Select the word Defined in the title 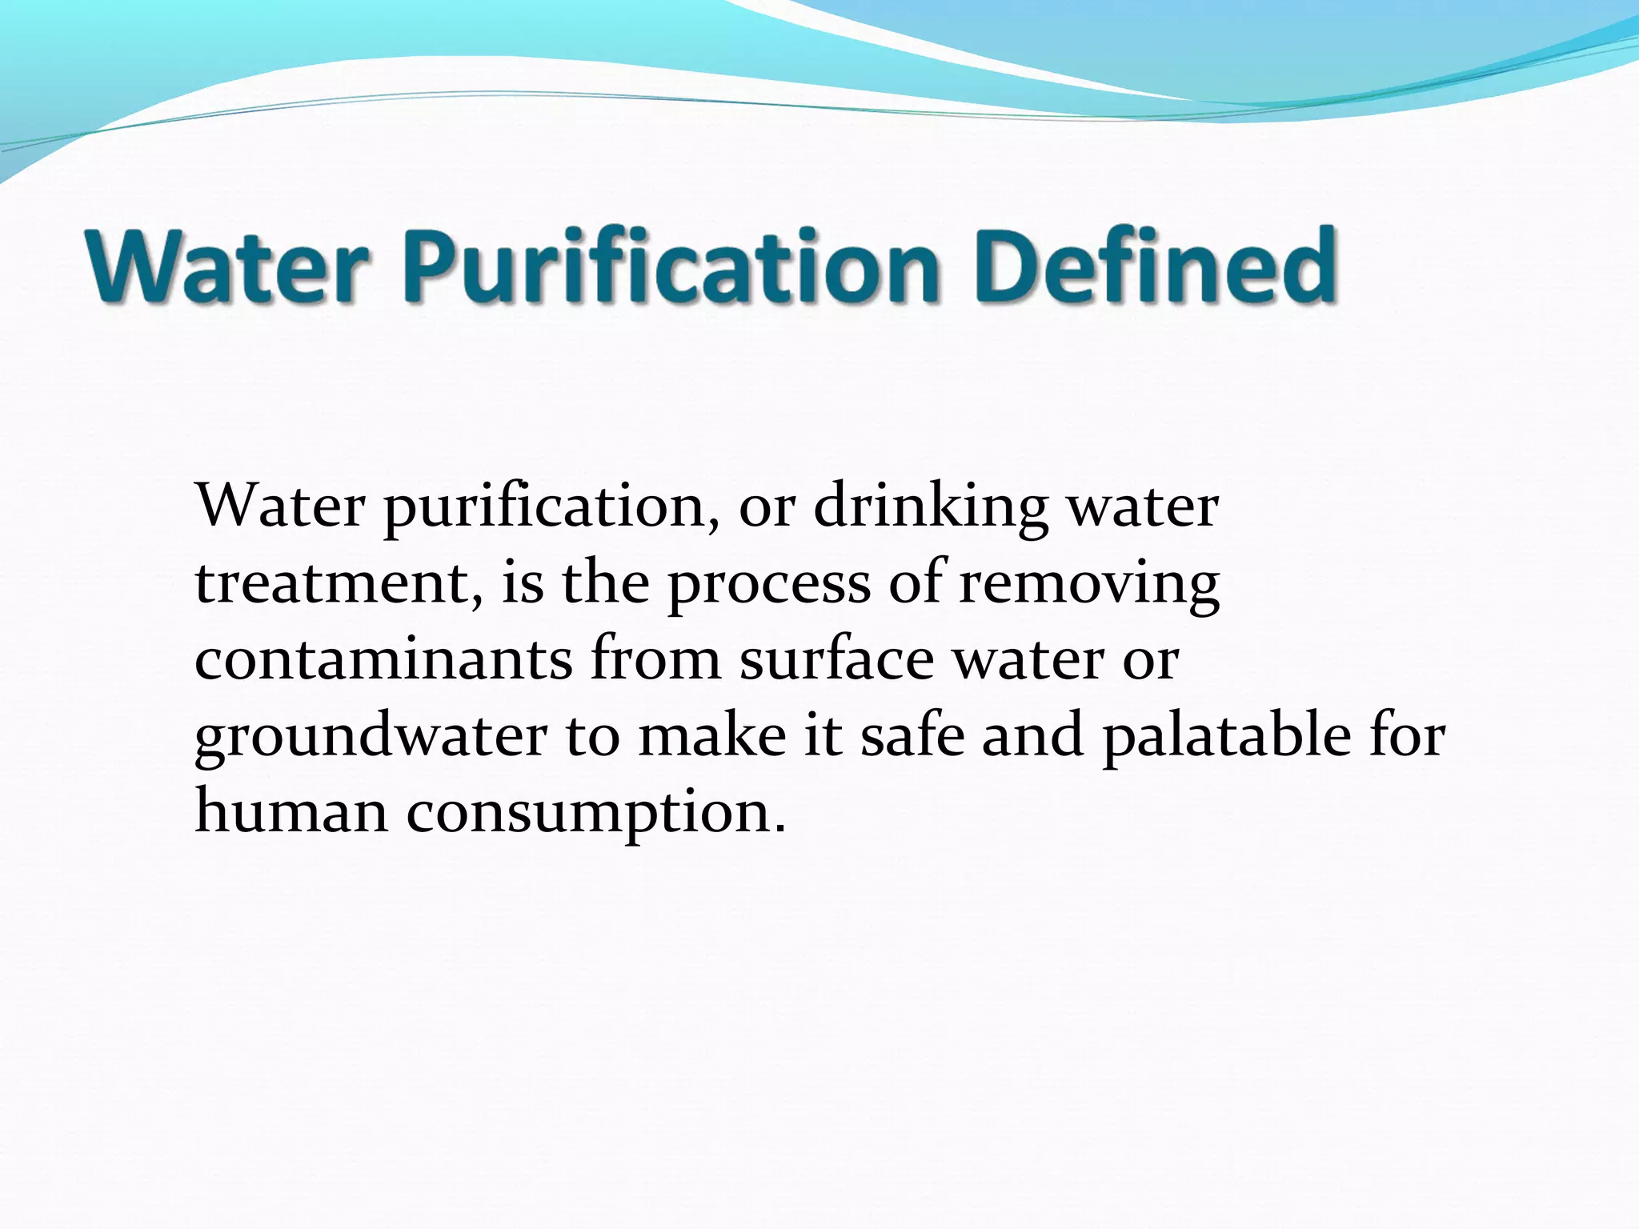pos(1156,266)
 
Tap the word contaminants pos(383,659)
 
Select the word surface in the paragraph pos(836,659)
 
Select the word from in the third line pos(655,659)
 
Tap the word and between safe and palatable pos(1032,735)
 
